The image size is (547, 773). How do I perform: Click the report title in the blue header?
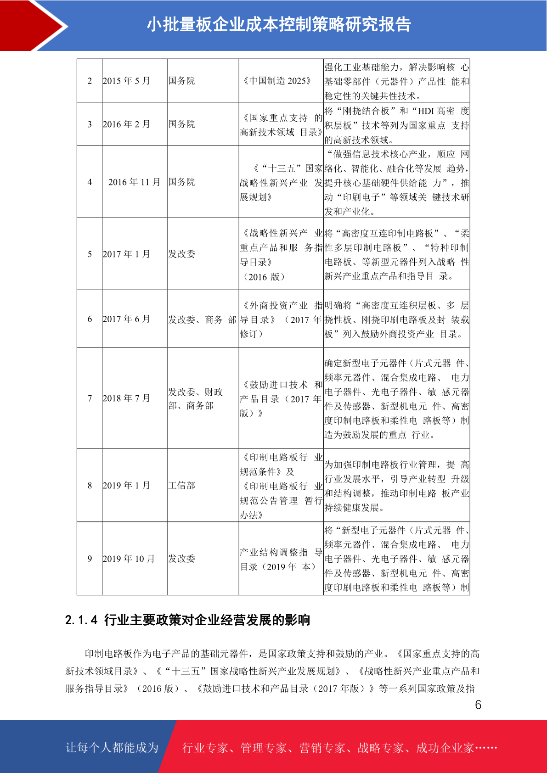pyautogui.click(x=279, y=25)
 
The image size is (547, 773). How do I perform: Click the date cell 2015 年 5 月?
pyautogui.click(x=126, y=81)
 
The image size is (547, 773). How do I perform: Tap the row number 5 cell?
pyautogui.click(x=90, y=254)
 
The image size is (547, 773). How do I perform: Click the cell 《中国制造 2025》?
pyautogui.click(x=277, y=81)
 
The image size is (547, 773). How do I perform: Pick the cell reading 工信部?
pyautogui.click(x=182, y=486)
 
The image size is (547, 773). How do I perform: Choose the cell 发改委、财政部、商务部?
pyautogui.click(x=195, y=398)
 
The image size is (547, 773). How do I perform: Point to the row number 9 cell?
pyautogui.click(x=90, y=559)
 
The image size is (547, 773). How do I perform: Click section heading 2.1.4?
pyautogui.click(x=187, y=620)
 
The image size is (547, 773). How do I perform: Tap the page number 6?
pyautogui.click(x=478, y=705)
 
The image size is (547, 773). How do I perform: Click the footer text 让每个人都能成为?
pyautogui.click(x=112, y=748)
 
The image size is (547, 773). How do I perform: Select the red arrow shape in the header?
pyautogui.click(x=32, y=26)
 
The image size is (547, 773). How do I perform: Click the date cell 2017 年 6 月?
pyautogui.click(x=126, y=319)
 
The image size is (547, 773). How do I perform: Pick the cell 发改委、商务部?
pyautogui.click(x=202, y=319)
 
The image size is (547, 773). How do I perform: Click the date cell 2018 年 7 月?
pyautogui.click(x=126, y=398)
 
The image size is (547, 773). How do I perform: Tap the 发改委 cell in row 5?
pyautogui.click(x=182, y=254)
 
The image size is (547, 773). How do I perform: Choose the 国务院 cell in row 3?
pyautogui.click(x=182, y=124)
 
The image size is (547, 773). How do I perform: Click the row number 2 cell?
pyautogui.click(x=90, y=81)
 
